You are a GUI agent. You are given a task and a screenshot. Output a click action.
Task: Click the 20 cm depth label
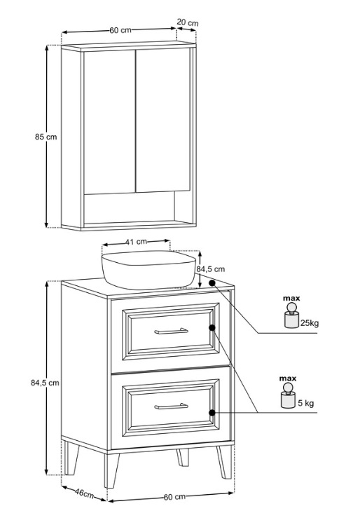coord(188,22)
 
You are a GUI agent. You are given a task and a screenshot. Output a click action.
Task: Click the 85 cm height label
coord(46,137)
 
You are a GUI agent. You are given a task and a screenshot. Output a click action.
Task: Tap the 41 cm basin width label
coord(136,242)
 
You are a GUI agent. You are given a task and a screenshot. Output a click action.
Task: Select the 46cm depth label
coord(84,493)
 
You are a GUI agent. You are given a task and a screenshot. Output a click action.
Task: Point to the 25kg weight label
coord(310,322)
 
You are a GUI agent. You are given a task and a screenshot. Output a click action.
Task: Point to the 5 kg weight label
coord(306,403)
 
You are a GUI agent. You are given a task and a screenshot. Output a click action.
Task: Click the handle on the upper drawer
coord(171,331)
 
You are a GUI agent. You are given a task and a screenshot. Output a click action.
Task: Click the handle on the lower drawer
coord(171,407)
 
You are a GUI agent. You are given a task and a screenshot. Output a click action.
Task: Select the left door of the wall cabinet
coord(109,121)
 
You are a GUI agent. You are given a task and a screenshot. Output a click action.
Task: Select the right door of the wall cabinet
coord(163,121)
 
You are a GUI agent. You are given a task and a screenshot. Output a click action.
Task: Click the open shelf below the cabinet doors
coord(130,208)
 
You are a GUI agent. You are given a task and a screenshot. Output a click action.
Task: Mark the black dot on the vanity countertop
coord(212,283)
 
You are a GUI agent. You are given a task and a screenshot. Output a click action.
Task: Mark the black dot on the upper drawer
coord(212,328)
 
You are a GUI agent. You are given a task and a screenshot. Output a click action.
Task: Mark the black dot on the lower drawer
coord(212,413)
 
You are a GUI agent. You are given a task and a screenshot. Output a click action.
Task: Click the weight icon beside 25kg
coord(291,316)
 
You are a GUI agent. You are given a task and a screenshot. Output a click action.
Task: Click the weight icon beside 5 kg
coord(287,396)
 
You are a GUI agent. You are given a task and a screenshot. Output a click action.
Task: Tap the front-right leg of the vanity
coord(224,462)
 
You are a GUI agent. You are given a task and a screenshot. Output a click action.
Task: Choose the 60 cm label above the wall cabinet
coord(120,30)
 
